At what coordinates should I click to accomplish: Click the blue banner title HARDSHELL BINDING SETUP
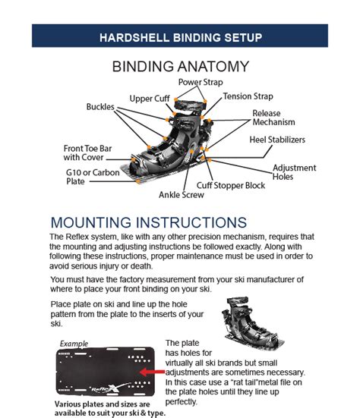point(180,36)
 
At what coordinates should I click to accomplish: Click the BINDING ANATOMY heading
point(180,66)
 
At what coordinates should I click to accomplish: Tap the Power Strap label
point(201,82)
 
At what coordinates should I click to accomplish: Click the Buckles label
point(100,107)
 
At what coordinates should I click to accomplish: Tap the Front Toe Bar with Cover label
point(87,153)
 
